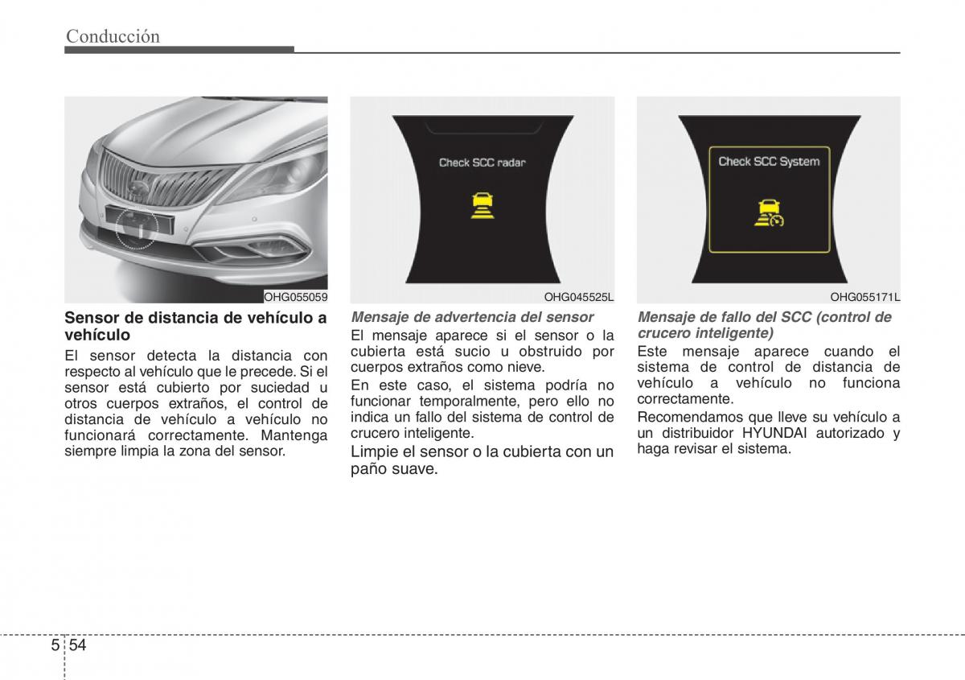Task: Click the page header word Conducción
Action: click(113, 35)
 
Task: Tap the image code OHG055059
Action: click(297, 297)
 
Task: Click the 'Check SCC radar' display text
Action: click(482, 163)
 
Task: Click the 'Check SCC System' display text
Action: click(768, 162)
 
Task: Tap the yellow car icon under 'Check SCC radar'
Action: click(482, 205)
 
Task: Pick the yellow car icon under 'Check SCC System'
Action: click(767, 212)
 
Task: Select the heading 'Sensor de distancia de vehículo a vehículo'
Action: click(195, 325)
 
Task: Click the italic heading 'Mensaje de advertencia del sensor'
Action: click(472, 317)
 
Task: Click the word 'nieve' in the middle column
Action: click(528, 367)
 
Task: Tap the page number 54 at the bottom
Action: click(76, 645)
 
